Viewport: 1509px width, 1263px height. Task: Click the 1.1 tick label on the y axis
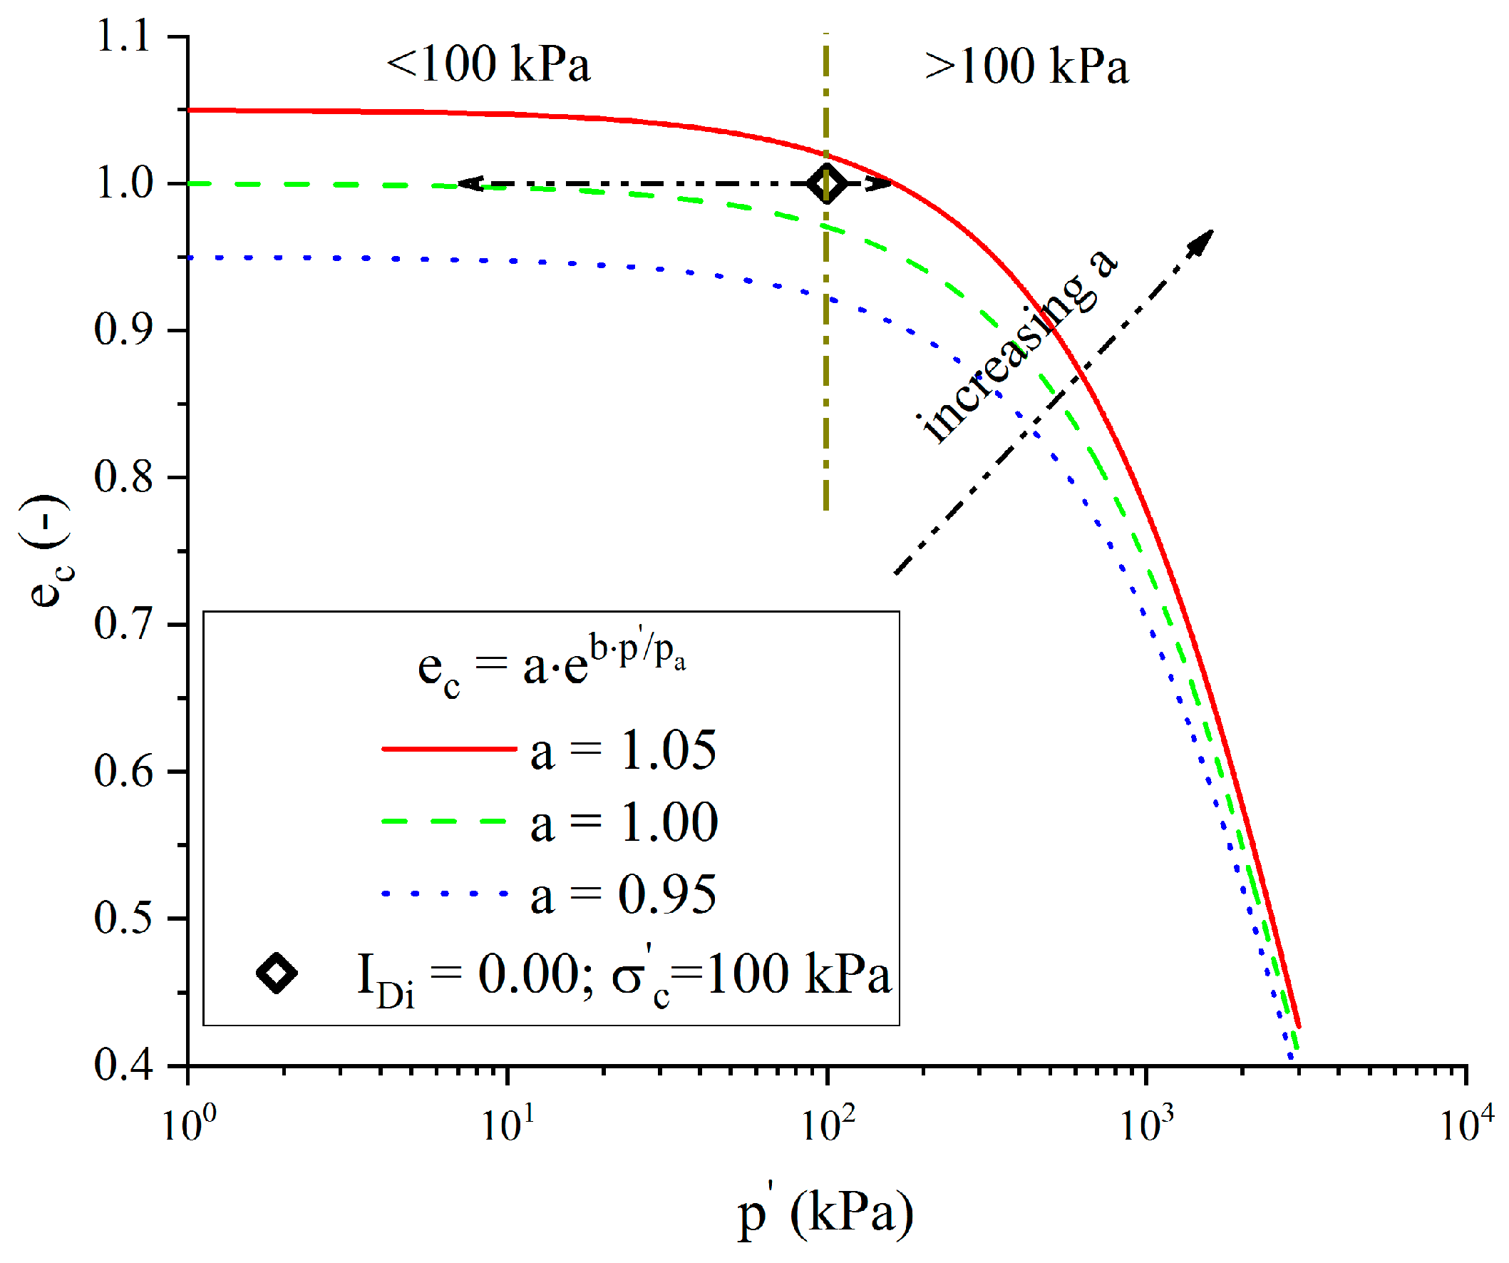tap(123, 36)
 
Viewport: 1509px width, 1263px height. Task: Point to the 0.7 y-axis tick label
tap(123, 623)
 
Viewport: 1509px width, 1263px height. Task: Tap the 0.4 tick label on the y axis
tap(123, 1065)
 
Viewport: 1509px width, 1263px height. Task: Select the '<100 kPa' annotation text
tap(489, 65)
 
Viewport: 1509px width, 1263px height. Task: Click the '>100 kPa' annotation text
tap(1028, 66)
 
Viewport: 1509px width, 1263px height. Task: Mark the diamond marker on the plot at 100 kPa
tap(827, 184)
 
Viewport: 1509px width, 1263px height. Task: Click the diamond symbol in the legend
tap(277, 974)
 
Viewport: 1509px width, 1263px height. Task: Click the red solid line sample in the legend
tap(449, 749)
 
